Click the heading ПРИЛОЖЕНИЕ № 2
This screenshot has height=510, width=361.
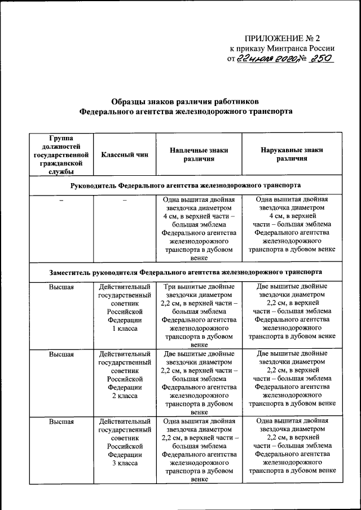pos(281,38)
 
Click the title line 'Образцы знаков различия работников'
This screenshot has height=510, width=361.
pos(186,102)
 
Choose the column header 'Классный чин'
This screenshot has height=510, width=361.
pos(125,155)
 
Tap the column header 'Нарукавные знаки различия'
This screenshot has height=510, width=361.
pos(292,155)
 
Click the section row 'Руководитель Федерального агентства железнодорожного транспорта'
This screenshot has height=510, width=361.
pos(186,185)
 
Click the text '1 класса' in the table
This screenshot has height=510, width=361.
pos(125,328)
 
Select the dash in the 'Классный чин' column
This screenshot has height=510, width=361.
pos(125,200)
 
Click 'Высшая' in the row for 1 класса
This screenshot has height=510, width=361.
pos(61,286)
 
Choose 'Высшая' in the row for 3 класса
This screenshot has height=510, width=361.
pos(61,421)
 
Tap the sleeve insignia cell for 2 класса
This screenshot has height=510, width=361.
pos(292,379)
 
